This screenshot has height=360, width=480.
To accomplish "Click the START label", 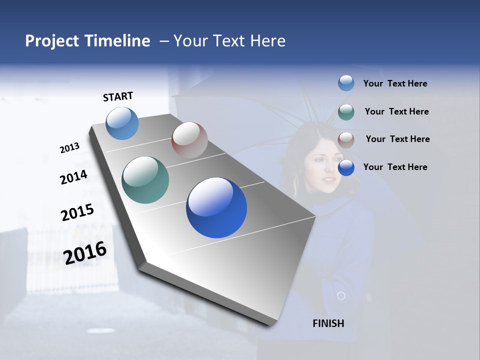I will (x=118, y=96).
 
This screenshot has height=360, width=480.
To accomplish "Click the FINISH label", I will (x=328, y=323).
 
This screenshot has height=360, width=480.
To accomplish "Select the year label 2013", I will (x=69, y=148).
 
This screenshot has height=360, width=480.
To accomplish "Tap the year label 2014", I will (x=73, y=177).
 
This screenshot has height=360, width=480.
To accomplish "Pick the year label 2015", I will (x=77, y=212).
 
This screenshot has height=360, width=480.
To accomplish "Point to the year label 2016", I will (x=85, y=252).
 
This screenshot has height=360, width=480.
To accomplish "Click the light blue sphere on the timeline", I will (x=122, y=123).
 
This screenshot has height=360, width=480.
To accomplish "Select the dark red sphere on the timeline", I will (x=189, y=140).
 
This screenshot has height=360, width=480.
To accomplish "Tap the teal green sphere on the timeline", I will (x=145, y=180).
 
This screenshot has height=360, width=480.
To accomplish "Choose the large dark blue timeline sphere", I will (x=216, y=207).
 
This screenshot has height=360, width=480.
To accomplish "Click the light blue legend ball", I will (x=346, y=83).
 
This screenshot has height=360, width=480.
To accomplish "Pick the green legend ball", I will (x=346, y=112).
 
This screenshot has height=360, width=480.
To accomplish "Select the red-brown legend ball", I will (x=346, y=140).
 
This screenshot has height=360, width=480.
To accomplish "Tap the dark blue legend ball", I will (x=346, y=167).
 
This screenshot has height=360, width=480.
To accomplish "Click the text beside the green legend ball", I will (x=396, y=111).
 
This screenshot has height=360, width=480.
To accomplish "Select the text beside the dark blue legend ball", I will (x=395, y=167).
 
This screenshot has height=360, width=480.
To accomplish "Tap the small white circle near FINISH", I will (x=341, y=296).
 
